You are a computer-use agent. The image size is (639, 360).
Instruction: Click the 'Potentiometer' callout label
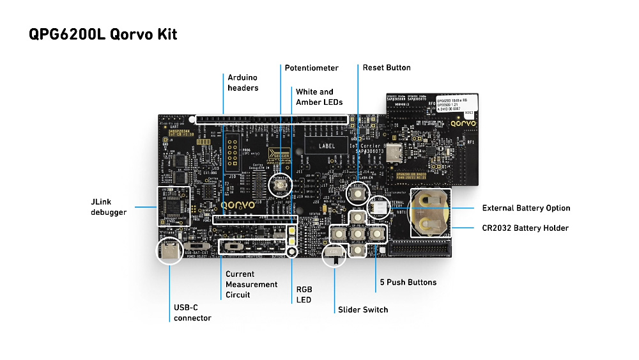[x=311, y=68]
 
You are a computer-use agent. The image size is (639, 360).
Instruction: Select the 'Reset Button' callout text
[x=387, y=68]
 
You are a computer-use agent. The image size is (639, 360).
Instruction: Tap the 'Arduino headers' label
[x=243, y=82]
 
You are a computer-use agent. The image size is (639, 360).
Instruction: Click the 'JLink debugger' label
[x=109, y=207]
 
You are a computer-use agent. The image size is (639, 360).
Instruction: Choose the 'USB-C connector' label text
[x=192, y=312]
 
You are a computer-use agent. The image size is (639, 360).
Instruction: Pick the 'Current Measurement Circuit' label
[x=251, y=285]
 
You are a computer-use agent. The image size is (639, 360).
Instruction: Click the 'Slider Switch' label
[x=362, y=309]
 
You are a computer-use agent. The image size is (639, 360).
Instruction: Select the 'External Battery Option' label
[x=526, y=208]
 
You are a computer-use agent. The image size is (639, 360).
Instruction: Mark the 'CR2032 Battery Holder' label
[x=525, y=228]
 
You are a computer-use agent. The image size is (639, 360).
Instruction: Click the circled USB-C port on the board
[x=171, y=252]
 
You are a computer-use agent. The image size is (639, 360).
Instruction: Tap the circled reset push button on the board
[x=358, y=193]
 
